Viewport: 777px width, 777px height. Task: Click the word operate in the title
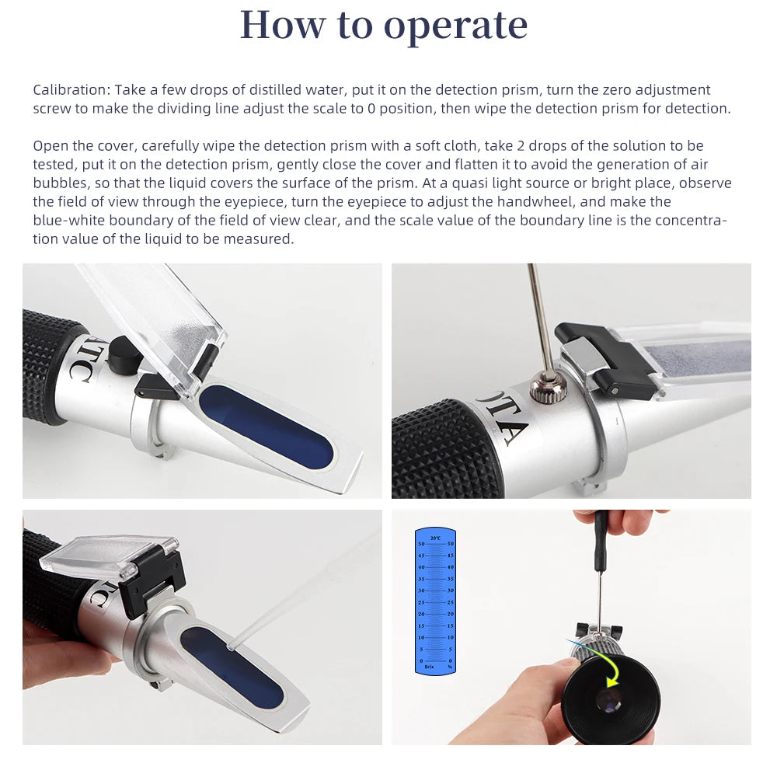pos(456,26)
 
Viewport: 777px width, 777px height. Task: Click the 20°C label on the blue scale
pos(434,538)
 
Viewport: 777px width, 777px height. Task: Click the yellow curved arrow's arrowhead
pos(613,683)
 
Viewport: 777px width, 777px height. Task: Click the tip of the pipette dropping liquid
pos(231,644)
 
